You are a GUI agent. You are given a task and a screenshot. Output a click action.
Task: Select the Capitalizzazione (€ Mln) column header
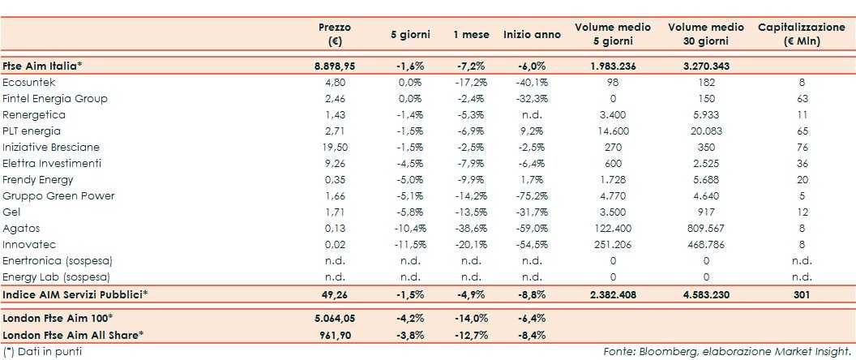click(x=798, y=34)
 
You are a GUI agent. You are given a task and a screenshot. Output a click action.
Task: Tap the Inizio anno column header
click(x=531, y=35)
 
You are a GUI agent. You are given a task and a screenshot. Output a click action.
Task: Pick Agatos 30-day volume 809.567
click(x=695, y=228)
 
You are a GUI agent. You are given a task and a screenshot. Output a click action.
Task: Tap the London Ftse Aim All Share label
click(x=73, y=334)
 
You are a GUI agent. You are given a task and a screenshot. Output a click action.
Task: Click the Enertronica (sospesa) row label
click(x=57, y=260)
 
